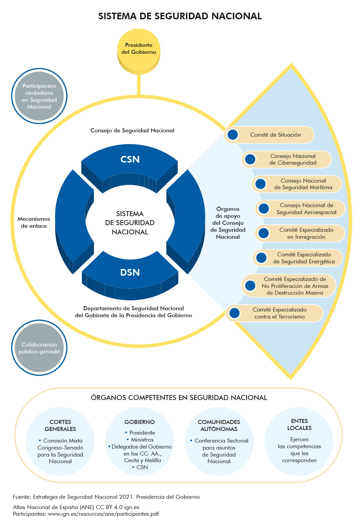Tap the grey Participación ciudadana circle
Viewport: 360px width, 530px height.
coord(39,96)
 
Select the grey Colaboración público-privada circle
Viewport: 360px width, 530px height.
coord(39,348)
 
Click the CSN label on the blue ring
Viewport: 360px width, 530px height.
coord(130,160)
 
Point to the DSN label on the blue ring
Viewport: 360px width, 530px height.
coord(130,273)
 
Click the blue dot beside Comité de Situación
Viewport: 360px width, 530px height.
coord(233,135)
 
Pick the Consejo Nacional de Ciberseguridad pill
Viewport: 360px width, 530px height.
coord(286,159)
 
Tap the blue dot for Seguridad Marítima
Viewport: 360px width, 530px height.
coord(261,184)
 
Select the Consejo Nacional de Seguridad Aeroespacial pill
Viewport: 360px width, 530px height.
coord(300,209)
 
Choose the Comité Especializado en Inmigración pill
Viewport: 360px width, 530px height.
coord(300,233)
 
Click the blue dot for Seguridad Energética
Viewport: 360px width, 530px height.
coord(262,258)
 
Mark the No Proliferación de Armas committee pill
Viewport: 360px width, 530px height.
coord(289,286)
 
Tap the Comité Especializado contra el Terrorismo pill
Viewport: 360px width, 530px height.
coord(275,313)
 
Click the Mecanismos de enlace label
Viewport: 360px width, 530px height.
coord(34,222)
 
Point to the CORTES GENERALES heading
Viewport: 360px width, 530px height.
coord(60,426)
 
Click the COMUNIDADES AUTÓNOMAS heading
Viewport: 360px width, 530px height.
coord(219,426)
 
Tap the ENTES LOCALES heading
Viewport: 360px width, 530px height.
coord(299,425)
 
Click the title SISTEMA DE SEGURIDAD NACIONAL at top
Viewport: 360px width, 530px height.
coord(180,16)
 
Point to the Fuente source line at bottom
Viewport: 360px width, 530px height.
coord(106,497)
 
